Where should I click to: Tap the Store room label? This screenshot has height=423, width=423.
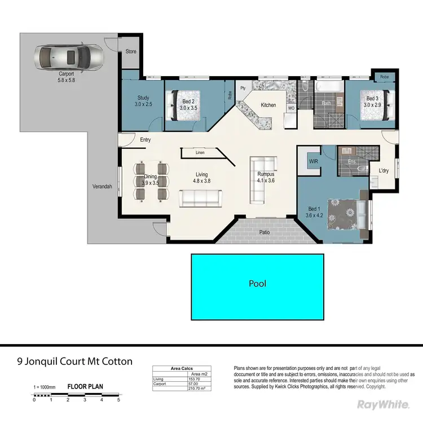coord(131,51)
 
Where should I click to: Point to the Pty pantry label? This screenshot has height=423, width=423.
coord(243,89)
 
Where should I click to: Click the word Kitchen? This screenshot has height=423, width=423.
coord(268,105)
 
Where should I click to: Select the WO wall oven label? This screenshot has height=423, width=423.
coord(291,107)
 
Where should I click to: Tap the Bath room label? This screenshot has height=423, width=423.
coord(326,103)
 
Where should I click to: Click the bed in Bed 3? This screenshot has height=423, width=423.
coord(373,103)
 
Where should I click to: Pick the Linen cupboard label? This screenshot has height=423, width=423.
coord(200,153)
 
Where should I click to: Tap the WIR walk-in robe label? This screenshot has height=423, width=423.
coord(313,161)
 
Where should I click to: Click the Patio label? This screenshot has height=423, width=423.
coord(263,231)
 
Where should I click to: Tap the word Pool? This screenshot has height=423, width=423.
coord(257,284)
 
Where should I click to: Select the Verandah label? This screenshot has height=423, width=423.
coord(102,187)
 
